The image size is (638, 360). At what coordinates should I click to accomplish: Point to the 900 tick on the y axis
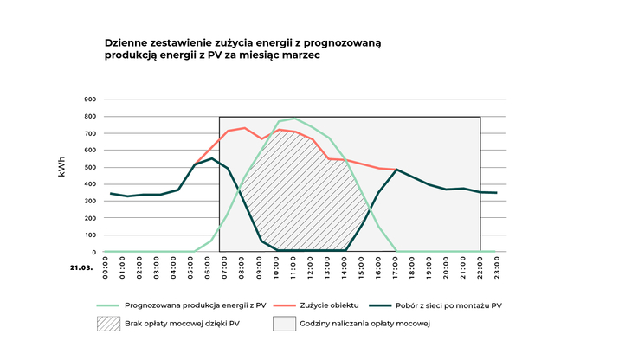90,100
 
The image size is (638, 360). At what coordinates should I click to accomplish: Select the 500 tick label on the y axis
90,167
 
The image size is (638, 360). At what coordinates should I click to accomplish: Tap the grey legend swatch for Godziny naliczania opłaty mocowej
285,325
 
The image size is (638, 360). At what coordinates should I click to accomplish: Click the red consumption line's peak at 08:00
244,128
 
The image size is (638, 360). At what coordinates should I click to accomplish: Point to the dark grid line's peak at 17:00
396,170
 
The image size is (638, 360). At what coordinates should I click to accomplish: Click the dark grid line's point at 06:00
210,158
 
